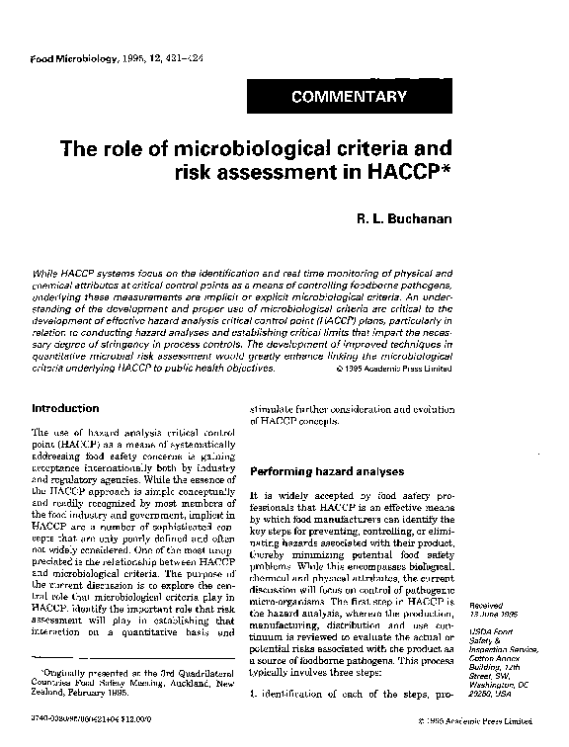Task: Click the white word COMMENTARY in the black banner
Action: tap(349, 97)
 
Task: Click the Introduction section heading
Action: tap(65, 408)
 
